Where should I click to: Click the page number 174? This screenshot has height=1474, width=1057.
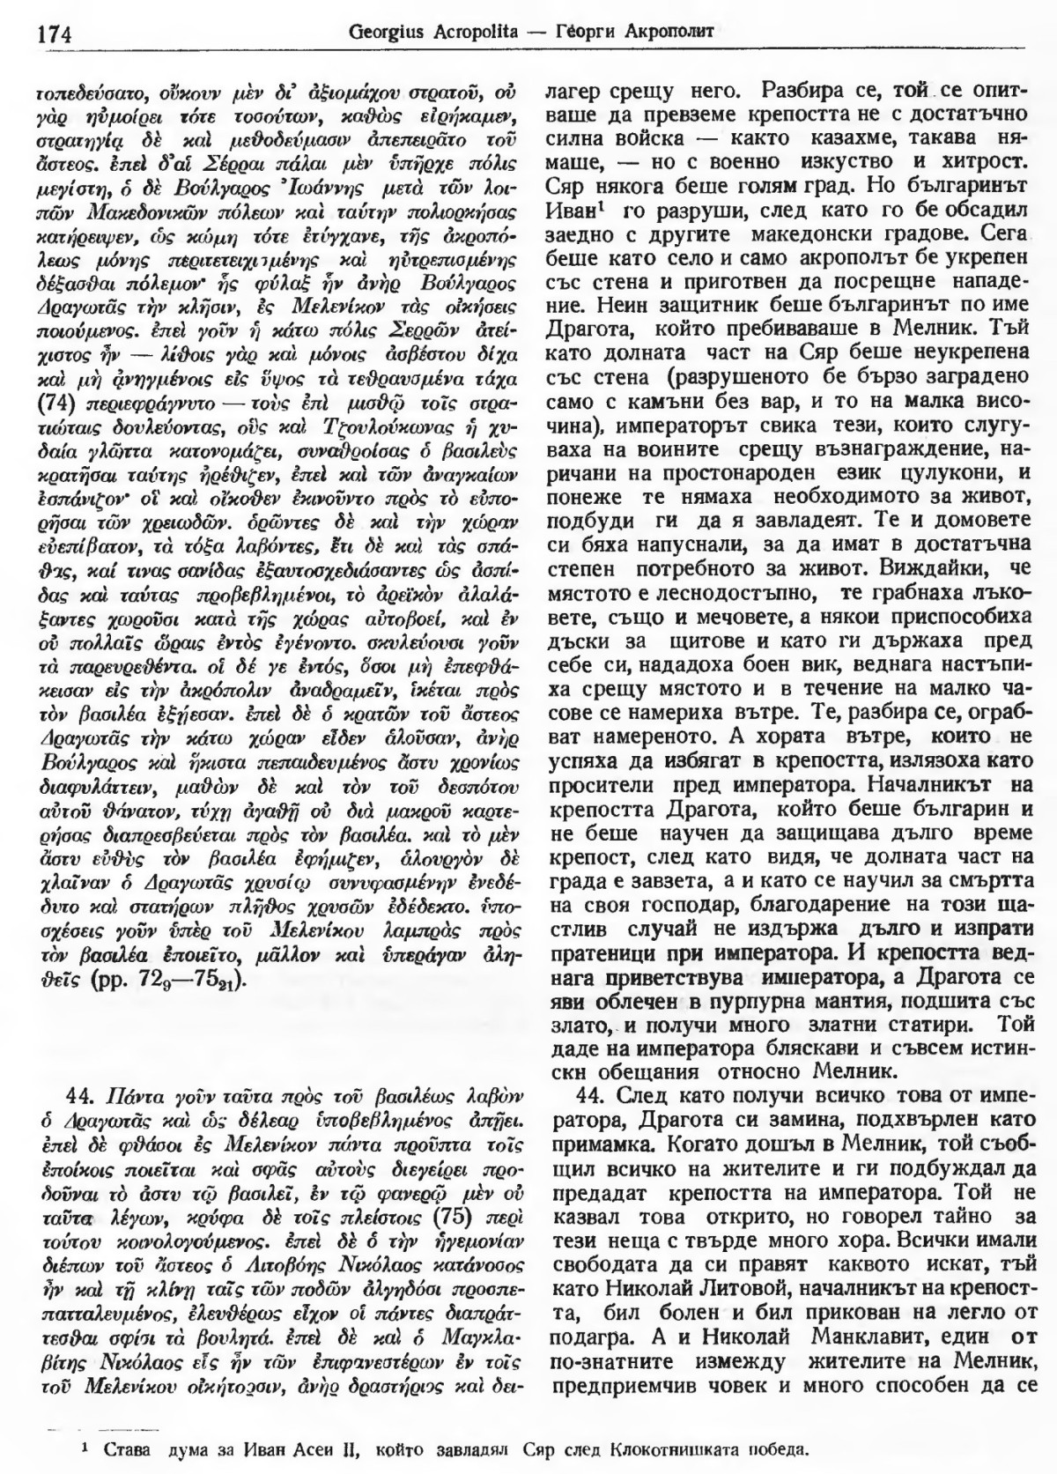pyautogui.click(x=55, y=34)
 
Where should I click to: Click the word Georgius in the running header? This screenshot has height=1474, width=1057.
pyautogui.click(x=386, y=33)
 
